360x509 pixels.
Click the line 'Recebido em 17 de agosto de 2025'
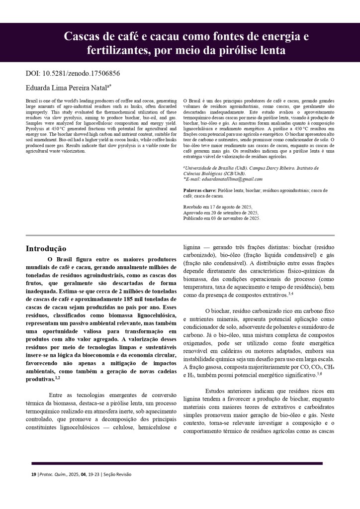218,206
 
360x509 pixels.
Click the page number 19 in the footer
34,474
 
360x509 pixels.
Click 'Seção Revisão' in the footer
118,474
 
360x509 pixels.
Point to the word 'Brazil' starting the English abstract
31,101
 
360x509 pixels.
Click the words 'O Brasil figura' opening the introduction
72,259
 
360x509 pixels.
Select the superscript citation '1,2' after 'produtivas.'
57,378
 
